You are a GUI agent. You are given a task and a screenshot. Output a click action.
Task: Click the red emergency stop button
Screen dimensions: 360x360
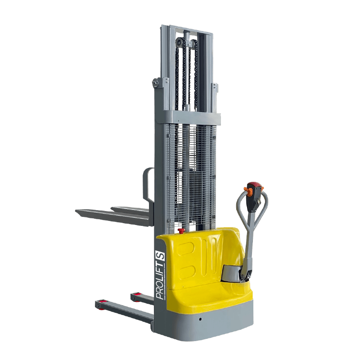(181, 230)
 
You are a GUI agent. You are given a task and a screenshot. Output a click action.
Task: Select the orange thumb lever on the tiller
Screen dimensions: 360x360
(248, 191)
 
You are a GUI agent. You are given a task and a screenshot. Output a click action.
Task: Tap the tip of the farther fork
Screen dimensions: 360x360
(113, 209)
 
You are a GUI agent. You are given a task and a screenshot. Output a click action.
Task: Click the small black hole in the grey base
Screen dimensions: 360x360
(200, 319)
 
